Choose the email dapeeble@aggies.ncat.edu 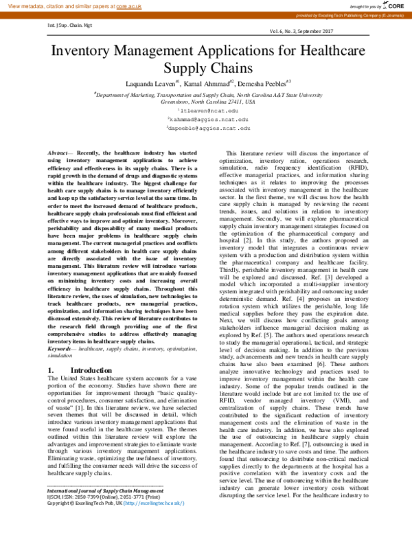pos(209,128)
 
